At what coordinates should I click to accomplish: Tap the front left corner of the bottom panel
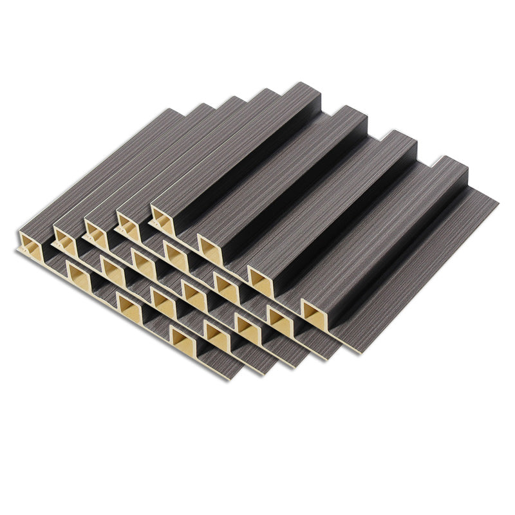[15, 251]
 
